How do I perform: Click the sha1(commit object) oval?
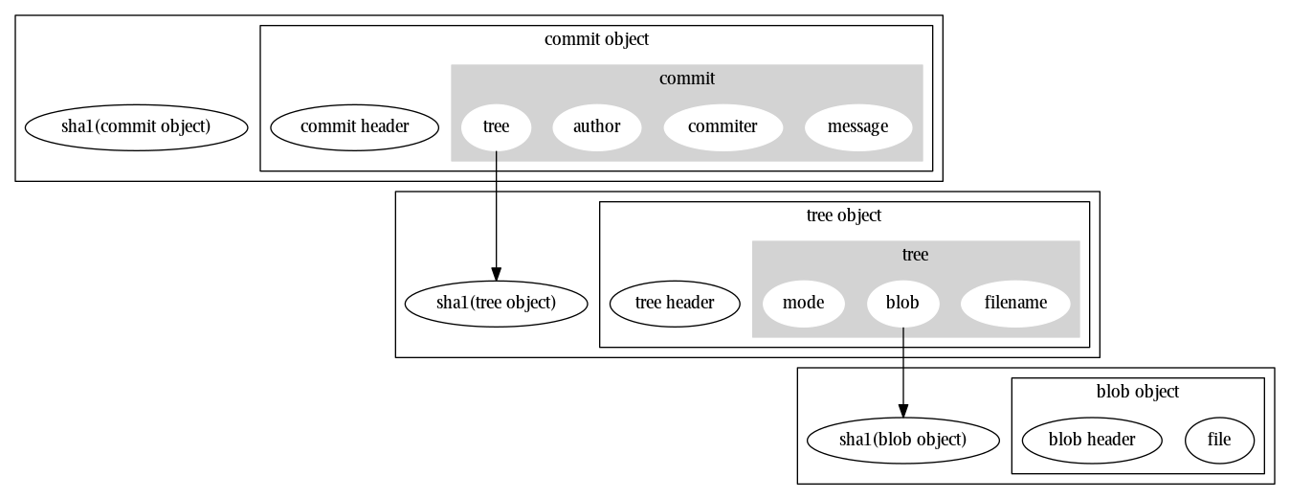click(137, 127)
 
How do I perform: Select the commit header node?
click(355, 127)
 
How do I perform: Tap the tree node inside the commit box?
click(496, 127)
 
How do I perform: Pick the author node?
click(596, 127)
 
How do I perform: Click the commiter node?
click(723, 127)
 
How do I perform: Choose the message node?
click(858, 127)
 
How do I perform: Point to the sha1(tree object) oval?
click(497, 304)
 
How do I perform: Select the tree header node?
click(675, 304)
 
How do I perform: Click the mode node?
click(803, 304)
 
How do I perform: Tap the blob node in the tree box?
click(903, 304)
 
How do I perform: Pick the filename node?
click(1015, 304)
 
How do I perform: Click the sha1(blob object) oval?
click(903, 441)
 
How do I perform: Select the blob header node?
click(1092, 441)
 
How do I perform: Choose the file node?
click(1219, 441)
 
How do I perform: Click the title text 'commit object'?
click(596, 39)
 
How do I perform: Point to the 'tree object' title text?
click(844, 215)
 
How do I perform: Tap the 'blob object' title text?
click(1138, 392)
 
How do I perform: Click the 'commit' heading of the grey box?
click(687, 79)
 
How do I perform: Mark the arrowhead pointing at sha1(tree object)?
click(496, 274)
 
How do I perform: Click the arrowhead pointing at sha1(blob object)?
click(903, 410)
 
